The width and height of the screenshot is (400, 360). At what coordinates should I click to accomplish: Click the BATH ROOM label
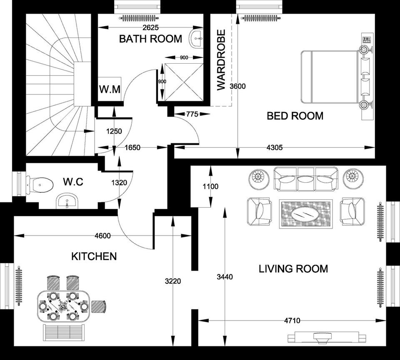pos(150,39)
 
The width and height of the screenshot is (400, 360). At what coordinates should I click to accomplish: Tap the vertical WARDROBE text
pos(221,60)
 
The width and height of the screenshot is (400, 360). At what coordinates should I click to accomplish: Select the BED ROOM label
pos(295,116)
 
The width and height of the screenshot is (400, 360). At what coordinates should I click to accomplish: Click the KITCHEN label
pos(94,256)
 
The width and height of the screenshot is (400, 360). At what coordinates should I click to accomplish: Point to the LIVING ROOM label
pos(293,269)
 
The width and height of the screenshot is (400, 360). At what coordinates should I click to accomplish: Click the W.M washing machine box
pos(110,89)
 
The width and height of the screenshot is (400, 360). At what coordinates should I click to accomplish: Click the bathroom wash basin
pos(196,39)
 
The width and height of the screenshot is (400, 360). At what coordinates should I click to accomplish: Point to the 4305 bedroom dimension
pos(274,147)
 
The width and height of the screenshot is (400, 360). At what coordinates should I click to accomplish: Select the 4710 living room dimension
pos(292,320)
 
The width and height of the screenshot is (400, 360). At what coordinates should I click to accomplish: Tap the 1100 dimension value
pos(210,187)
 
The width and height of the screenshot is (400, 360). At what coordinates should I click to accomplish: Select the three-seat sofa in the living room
pos(305,178)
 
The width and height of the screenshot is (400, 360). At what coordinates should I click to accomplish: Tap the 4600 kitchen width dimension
pos(102,236)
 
